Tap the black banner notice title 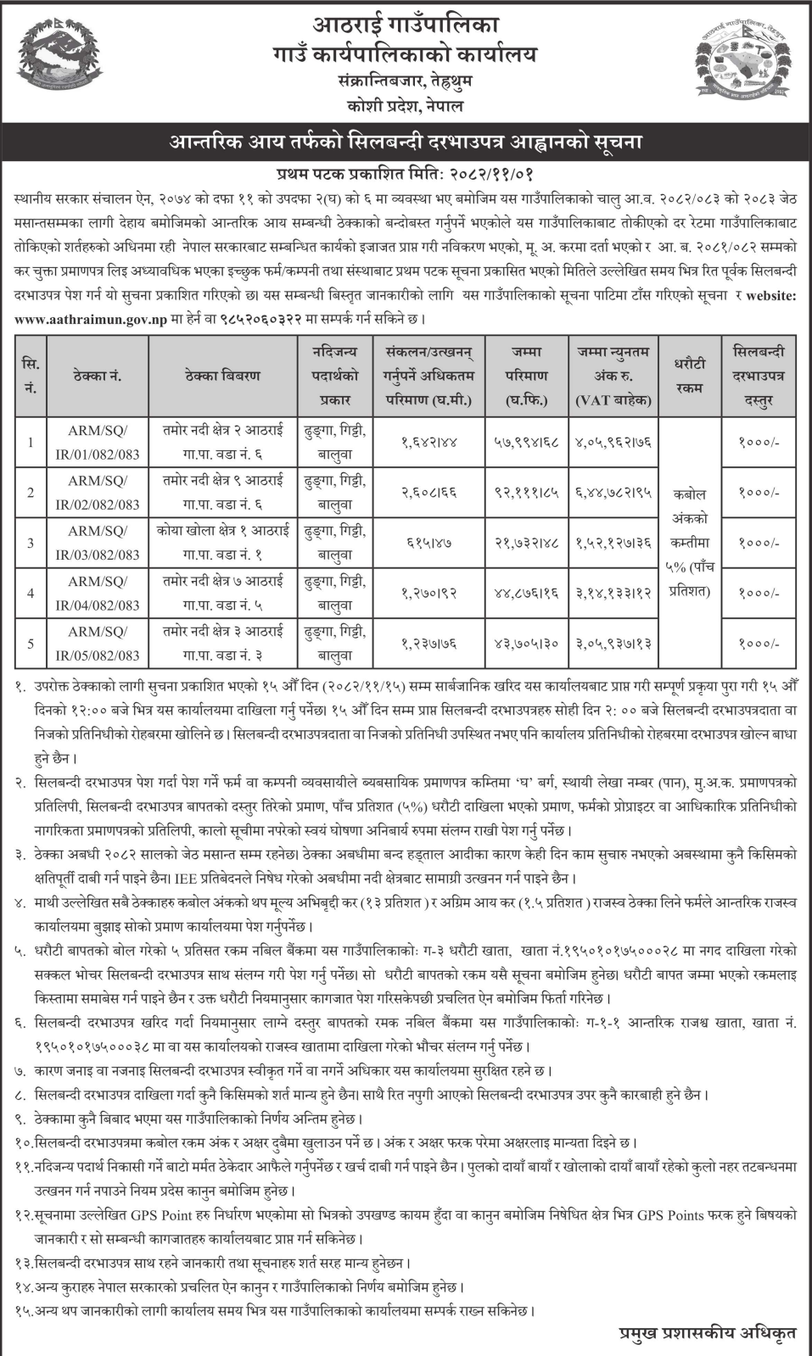point(406,141)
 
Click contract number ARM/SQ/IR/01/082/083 point(104,442)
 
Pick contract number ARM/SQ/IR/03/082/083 point(104,543)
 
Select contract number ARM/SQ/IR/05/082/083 point(104,644)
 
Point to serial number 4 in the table point(31,593)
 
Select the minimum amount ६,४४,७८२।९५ point(613,493)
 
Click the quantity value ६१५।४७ point(428,543)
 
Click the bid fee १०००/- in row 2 point(759,493)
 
